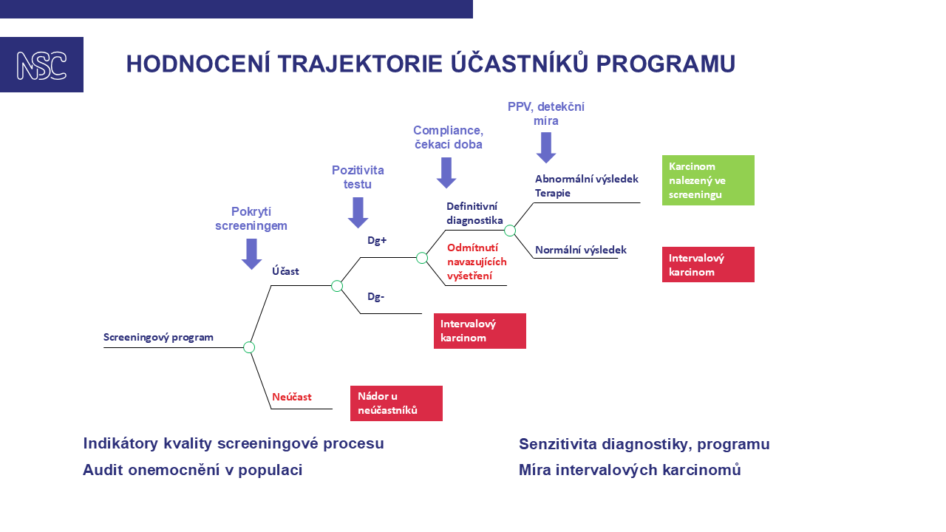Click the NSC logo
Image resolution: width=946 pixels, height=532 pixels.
point(41,65)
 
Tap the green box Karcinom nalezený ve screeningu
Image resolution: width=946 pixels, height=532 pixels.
point(708,180)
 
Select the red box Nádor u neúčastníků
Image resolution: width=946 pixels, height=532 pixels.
point(396,403)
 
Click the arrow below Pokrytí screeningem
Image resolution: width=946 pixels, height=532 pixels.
point(252,253)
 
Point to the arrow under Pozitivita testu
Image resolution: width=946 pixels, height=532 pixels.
point(358,212)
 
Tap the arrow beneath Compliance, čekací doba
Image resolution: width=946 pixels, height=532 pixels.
point(446,172)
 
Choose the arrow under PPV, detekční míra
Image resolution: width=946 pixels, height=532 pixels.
point(546,147)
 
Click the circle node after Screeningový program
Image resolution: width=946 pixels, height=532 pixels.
point(249,347)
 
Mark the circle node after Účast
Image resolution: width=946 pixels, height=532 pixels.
point(337,286)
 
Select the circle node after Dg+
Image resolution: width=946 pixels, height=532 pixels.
point(422,258)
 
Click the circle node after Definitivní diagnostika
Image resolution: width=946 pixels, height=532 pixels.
point(510,231)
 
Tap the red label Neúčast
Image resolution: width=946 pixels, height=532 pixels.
point(292,397)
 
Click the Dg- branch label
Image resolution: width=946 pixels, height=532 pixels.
point(376,297)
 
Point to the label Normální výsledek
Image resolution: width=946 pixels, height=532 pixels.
point(581,250)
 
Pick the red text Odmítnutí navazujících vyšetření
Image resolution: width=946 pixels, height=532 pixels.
point(477,261)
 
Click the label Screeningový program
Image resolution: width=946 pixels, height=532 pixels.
point(158,338)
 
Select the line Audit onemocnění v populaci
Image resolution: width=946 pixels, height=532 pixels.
point(193,470)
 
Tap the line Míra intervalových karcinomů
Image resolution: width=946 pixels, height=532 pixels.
point(630,470)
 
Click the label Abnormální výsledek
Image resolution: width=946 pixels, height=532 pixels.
point(587,179)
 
